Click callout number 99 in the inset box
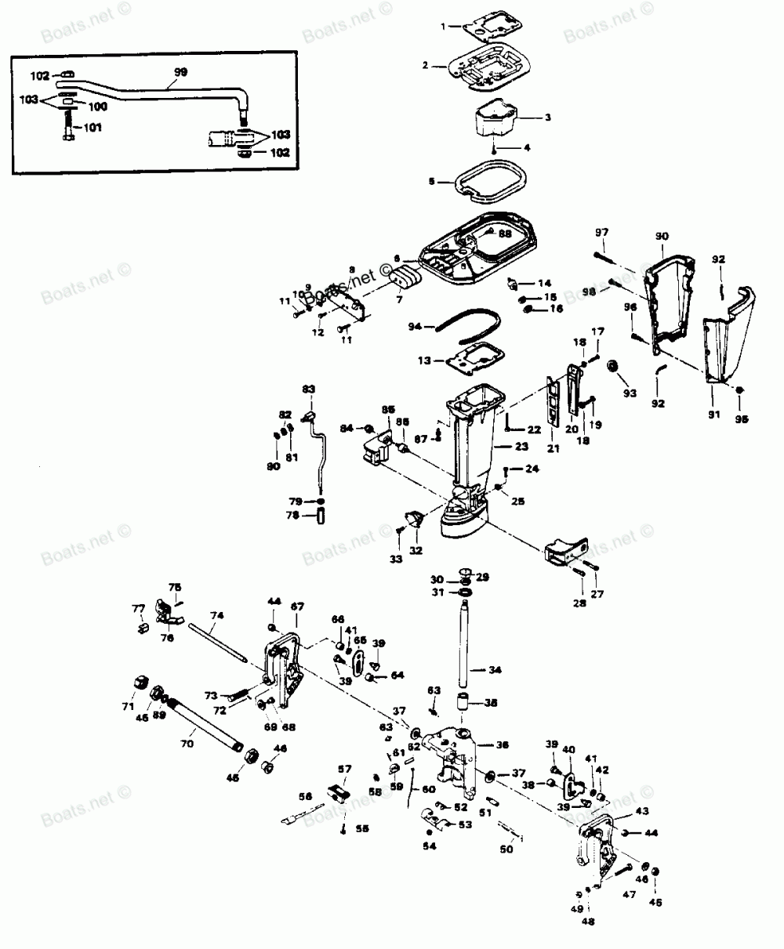point(180,71)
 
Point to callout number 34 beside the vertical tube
point(495,670)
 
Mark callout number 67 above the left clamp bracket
point(297,606)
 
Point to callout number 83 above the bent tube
point(308,389)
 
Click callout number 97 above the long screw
point(601,233)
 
